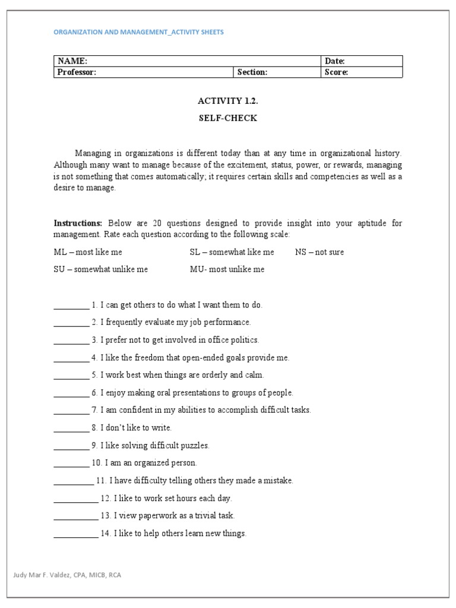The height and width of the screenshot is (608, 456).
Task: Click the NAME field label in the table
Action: (72, 61)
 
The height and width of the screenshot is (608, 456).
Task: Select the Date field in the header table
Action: (335, 61)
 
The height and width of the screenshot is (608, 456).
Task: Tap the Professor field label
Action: (77, 72)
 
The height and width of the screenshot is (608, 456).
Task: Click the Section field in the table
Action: (252, 72)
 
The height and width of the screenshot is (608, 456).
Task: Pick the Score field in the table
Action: (336, 72)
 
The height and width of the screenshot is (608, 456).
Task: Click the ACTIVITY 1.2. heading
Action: (228, 101)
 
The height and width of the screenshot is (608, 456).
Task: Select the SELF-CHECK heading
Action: (228, 118)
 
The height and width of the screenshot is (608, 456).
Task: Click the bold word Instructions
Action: (78, 223)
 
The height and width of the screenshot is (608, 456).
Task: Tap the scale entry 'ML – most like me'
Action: (88, 252)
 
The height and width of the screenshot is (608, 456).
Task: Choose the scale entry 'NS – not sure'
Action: (319, 252)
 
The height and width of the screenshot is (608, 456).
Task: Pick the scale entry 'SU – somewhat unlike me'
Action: (101, 269)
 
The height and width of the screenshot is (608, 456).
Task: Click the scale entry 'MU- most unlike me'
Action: (227, 269)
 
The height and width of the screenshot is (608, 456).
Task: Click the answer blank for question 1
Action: (71, 306)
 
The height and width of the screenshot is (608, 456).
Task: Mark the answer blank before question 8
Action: (71, 428)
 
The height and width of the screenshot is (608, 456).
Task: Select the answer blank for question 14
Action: (75, 534)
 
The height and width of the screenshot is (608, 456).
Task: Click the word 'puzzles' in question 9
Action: (195, 445)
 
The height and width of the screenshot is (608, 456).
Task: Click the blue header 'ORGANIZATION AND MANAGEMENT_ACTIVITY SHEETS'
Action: (139, 32)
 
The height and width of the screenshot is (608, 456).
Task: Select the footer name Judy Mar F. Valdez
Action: (39, 575)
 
